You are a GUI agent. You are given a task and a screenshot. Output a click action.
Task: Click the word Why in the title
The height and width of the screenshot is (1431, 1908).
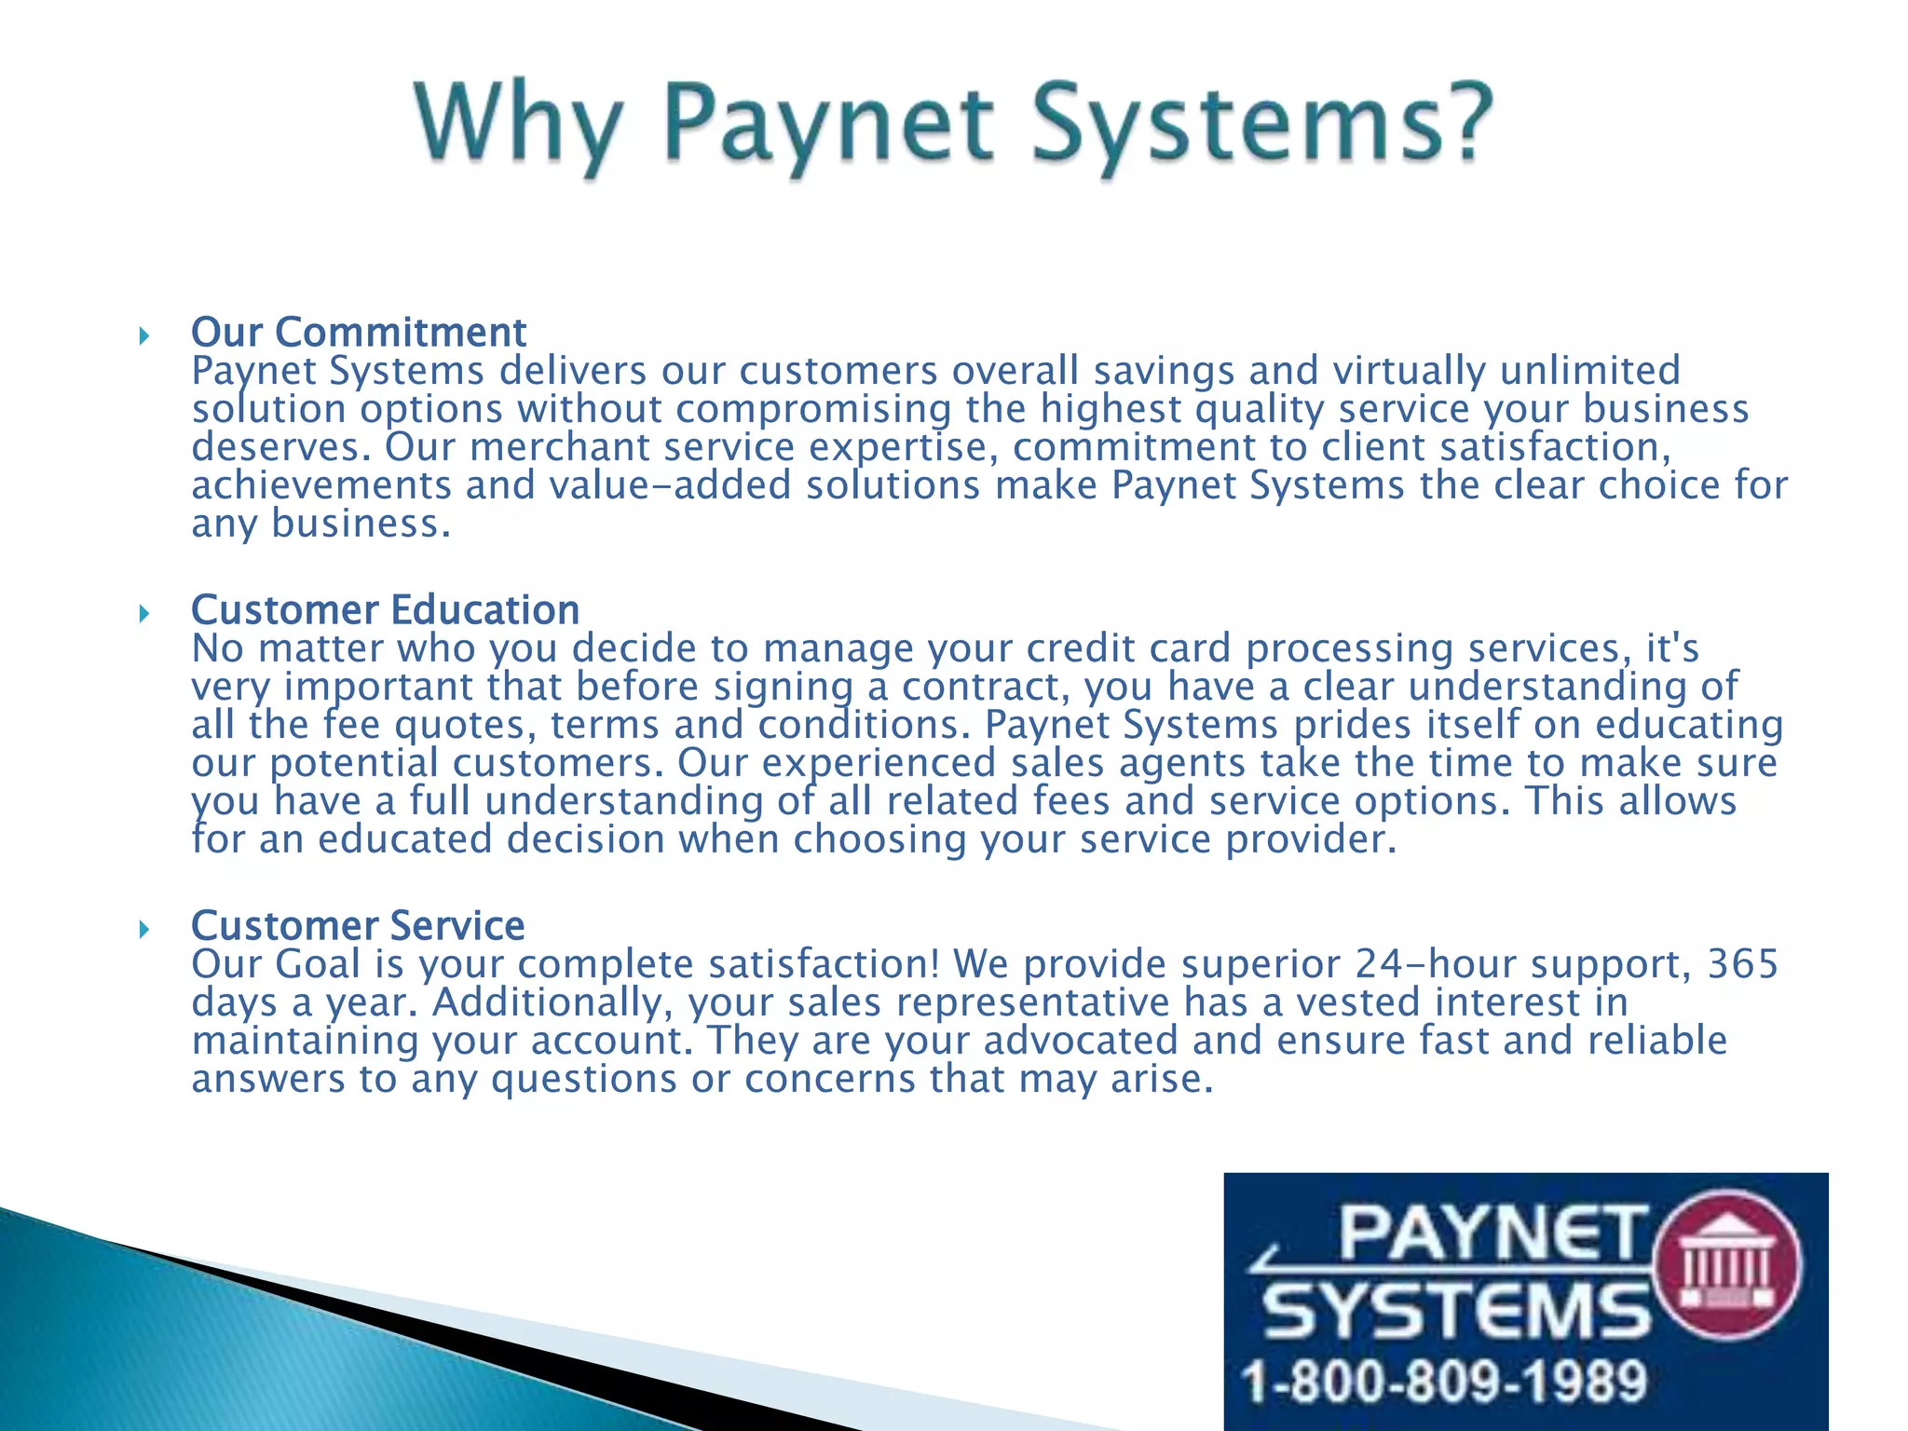pos(518,125)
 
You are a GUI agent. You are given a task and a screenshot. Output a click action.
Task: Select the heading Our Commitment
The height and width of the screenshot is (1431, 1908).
pos(359,333)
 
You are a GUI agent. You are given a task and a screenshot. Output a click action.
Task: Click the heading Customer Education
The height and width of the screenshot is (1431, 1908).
pos(385,610)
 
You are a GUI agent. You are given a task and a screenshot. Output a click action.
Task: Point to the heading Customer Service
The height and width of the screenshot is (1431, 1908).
pos(358,926)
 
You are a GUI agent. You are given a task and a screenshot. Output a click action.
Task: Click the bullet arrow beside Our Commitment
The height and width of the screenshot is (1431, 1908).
pos(143,335)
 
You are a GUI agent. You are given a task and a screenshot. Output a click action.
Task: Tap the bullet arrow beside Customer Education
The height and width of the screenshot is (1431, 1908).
pos(143,613)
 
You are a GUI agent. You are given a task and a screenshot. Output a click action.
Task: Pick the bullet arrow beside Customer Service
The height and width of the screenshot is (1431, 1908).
pos(143,929)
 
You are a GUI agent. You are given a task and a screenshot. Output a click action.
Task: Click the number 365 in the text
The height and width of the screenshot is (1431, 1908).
pos(1742,964)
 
